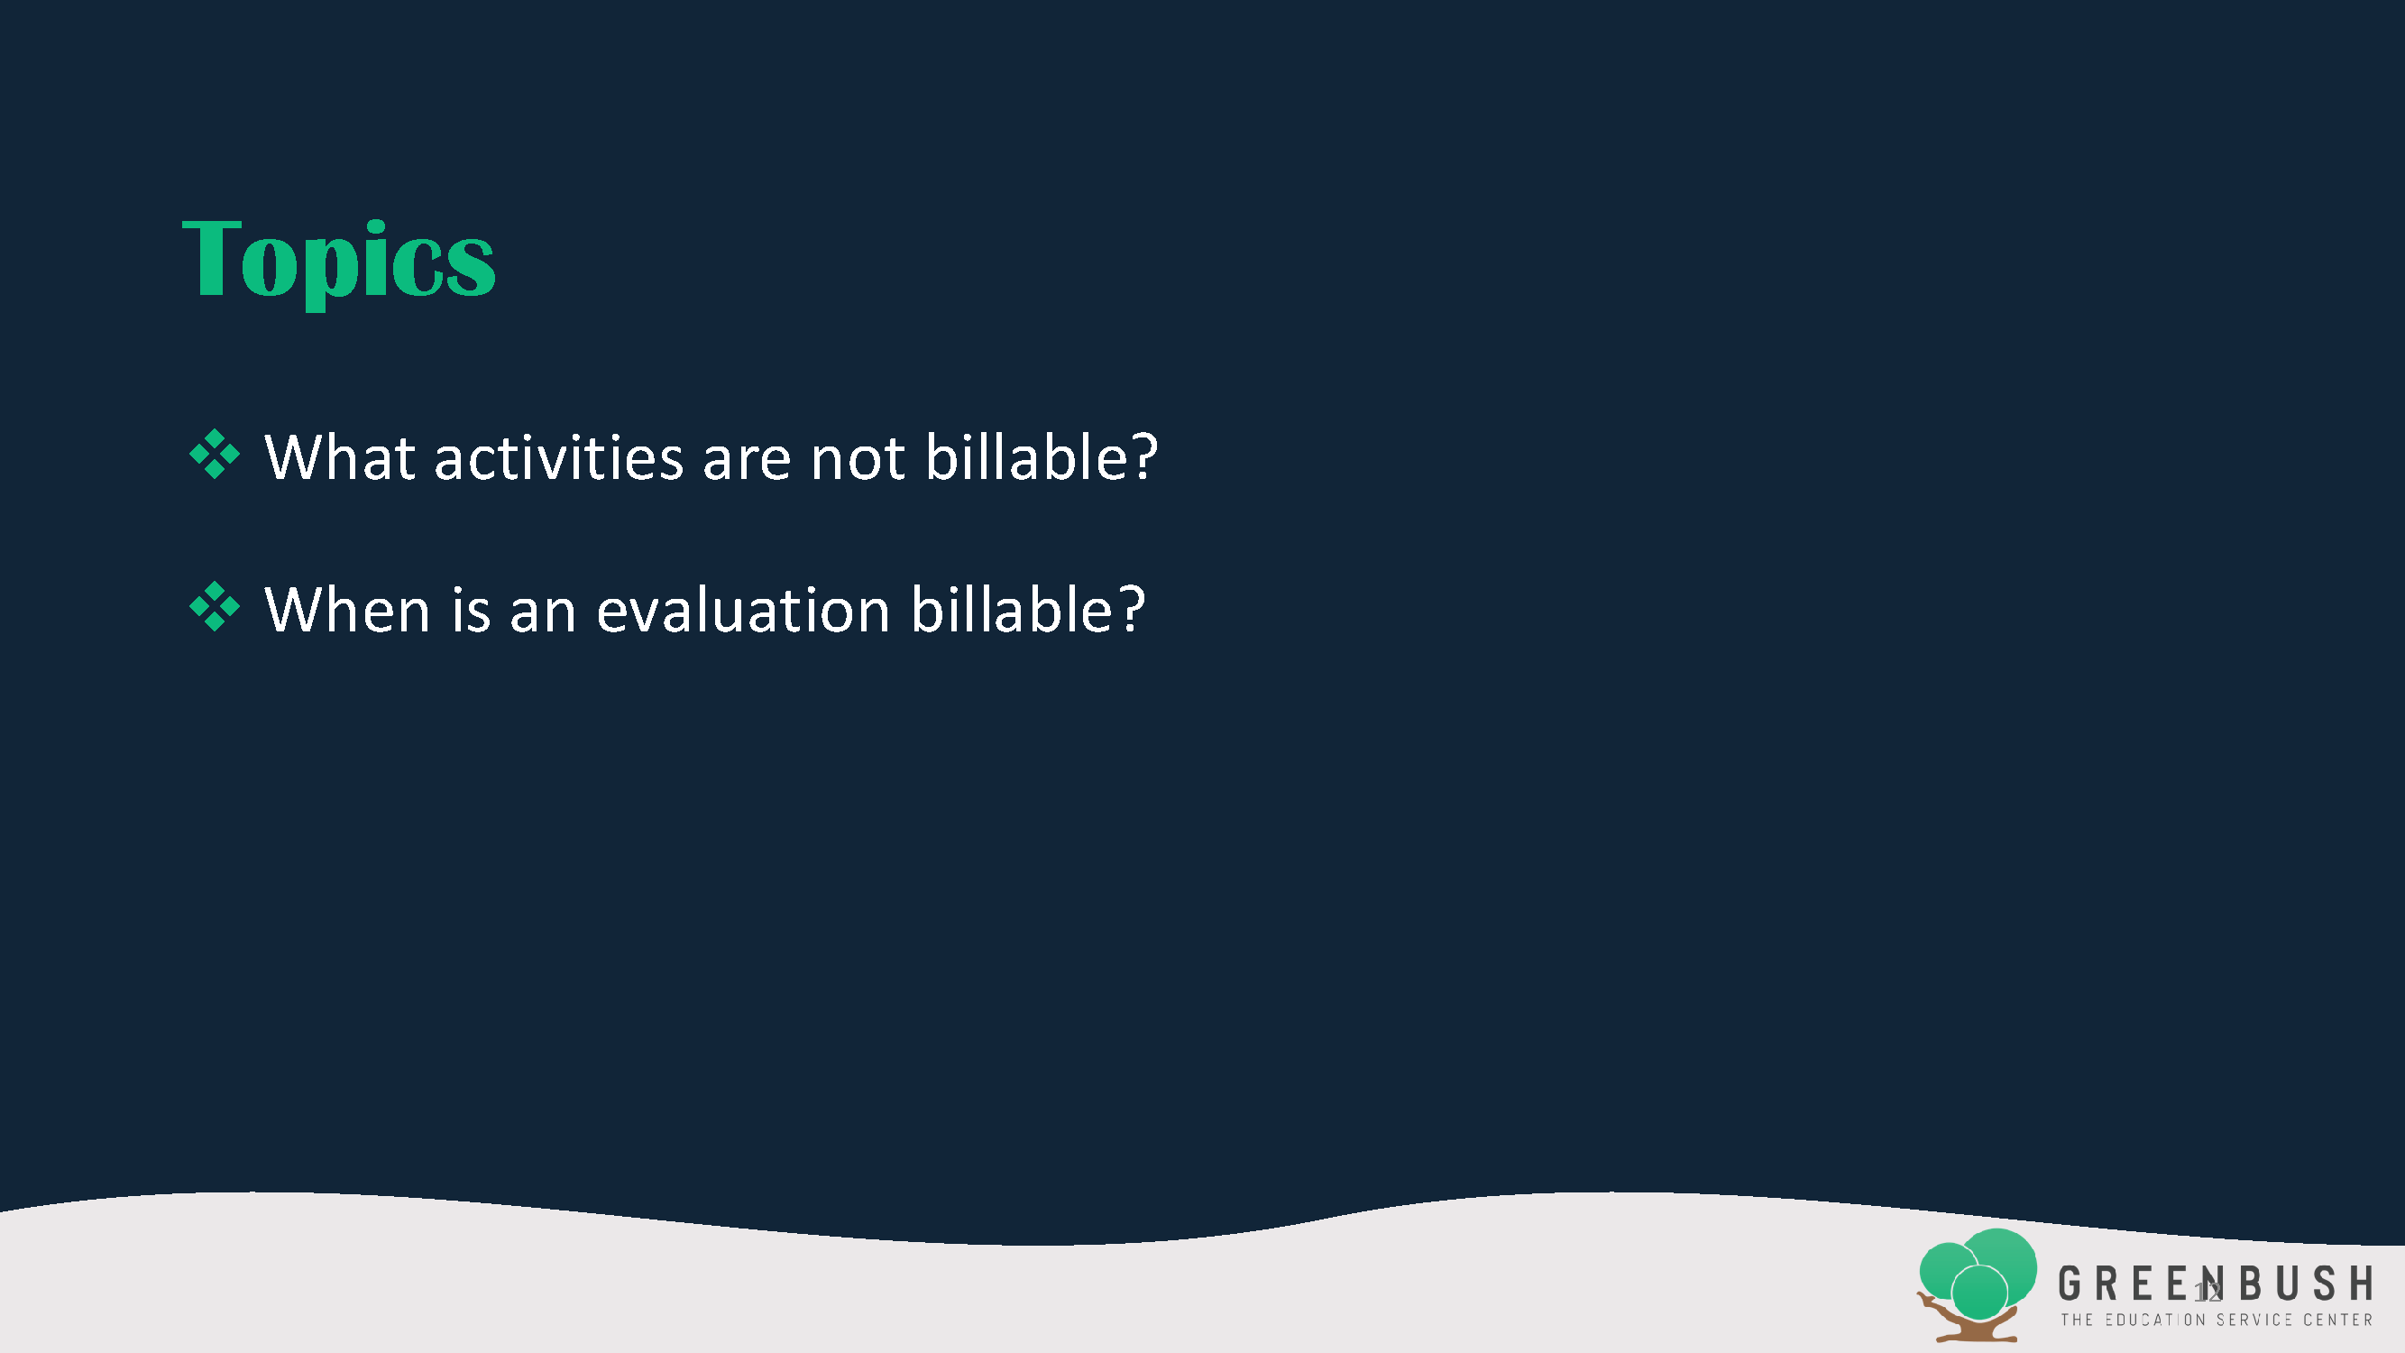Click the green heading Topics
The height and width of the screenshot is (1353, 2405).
point(338,261)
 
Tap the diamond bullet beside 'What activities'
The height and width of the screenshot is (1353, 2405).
point(215,454)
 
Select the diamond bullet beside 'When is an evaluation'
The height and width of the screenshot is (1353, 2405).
point(215,606)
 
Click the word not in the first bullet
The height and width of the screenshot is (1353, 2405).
point(857,459)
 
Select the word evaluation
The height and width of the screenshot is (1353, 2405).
point(743,610)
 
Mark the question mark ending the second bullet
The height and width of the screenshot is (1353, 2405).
point(1131,609)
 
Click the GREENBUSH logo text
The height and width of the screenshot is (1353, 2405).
point(2216,1284)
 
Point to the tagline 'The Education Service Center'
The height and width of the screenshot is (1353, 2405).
point(2217,1320)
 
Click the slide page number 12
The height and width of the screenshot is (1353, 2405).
point(2208,1293)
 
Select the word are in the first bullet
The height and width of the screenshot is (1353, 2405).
point(747,461)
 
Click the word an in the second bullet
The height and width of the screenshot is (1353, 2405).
point(543,613)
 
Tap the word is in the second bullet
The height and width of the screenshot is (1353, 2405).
point(472,610)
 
